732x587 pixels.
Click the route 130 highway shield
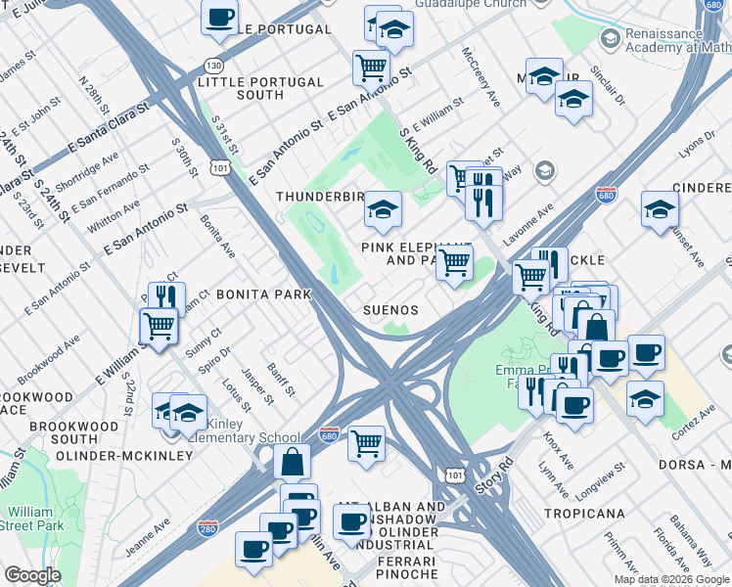tap(212, 65)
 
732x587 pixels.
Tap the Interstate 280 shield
tap(206, 526)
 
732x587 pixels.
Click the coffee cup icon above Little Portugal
tap(219, 17)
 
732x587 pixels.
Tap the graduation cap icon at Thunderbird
tap(383, 208)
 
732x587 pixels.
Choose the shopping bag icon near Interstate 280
tap(292, 461)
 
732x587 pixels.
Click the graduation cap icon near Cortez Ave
tap(645, 398)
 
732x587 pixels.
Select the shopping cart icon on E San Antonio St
tap(371, 67)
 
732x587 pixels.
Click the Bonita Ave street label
tap(217, 235)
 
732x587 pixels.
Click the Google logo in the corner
tap(32, 575)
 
